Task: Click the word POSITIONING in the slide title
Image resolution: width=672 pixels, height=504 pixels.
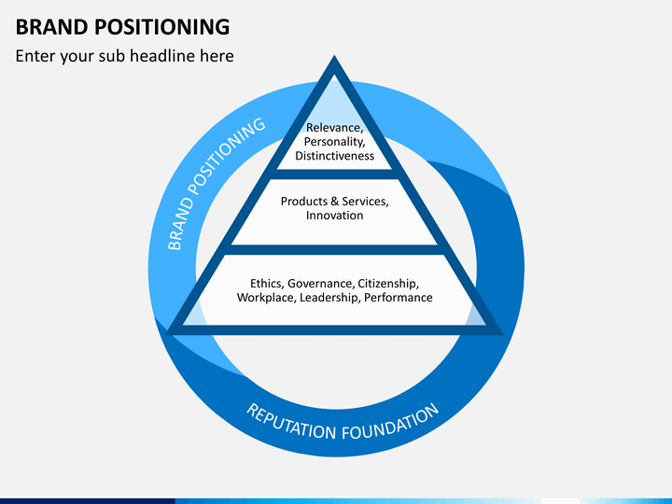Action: pyautogui.click(x=162, y=26)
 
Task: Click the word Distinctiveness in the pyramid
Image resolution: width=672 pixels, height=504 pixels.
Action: pyautogui.click(x=335, y=156)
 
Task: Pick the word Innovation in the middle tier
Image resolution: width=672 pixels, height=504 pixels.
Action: pyautogui.click(x=335, y=216)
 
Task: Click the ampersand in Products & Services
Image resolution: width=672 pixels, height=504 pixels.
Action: pyautogui.click(x=334, y=202)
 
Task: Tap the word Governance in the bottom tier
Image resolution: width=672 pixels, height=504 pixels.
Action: pyautogui.click(x=321, y=284)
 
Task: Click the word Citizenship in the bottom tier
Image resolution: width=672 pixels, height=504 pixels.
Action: pyautogui.click(x=388, y=284)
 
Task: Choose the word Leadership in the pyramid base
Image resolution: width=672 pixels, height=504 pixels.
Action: pyautogui.click(x=330, y=298)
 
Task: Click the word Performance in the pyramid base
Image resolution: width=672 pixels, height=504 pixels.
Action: pyautogui.click(x=399, y=298)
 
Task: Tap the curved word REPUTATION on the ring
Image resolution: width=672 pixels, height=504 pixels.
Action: pyautogui.click(x=291, y=422)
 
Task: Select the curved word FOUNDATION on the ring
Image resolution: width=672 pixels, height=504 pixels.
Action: pyautogui.click(x=391, y=424)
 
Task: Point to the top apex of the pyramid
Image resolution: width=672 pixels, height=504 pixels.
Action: pyautogui.click(x=334, y=55)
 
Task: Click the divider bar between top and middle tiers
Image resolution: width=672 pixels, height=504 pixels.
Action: pyautogui.click(x=334, y=175)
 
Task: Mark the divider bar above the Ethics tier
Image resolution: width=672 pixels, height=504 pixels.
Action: pyautogui.click(x=334, y=250)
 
